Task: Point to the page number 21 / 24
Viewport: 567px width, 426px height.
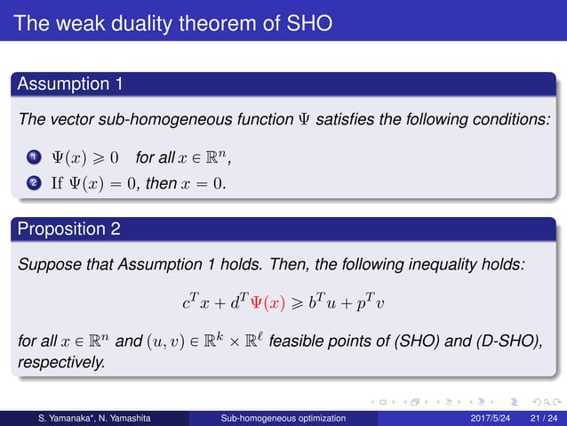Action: (543, 416)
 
